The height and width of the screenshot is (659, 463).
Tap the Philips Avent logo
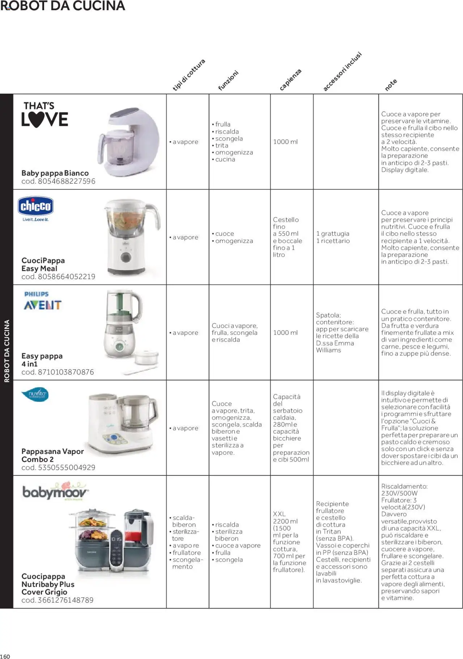coord(42,301)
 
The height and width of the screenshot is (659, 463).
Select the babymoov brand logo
coord(55,491)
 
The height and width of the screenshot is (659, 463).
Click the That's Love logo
coord(44,115)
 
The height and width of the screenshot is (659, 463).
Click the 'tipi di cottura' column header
coord(189,75)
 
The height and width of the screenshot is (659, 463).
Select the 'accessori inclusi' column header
coord(342,72)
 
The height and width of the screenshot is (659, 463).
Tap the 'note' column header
coord(391,85)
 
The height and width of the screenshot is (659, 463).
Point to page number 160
coord(5,656)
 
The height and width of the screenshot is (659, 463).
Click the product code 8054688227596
coord(58,181)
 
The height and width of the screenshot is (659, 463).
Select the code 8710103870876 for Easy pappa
coord(58,372)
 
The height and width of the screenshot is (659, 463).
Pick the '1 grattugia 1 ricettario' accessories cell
coord(333,237)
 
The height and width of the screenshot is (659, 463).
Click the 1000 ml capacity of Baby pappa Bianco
coord(285,142)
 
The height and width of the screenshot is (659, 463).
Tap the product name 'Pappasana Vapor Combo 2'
coord(52,455)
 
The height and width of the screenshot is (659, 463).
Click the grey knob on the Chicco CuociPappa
coord(126,257)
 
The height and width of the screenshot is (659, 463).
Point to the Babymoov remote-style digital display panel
coord(116,550)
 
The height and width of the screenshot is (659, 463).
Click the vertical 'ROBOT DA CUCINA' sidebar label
coord(7,351)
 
